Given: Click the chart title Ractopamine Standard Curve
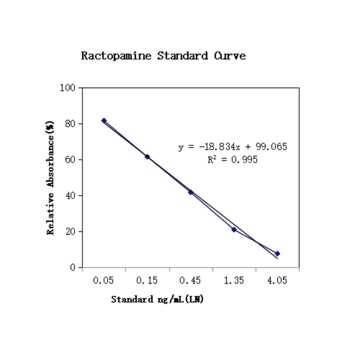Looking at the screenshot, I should pyautogui.click(x=163, y=56).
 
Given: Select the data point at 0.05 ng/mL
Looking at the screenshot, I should pyautogui.click(x=104, y=121).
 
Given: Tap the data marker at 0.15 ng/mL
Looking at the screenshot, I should pyautogui.click(x=147, y=156).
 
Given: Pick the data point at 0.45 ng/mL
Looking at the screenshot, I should pyautogui.click(x=190, y=192).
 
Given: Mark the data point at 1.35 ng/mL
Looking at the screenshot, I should pyautogui.click(x=234, y=229).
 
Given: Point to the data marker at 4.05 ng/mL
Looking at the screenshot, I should pyautogui.click(x=278, y=254).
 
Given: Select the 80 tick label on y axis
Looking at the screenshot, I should pyautogui.click(x=70, y=123).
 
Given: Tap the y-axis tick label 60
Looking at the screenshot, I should pyautogui.click(x=70, y=160).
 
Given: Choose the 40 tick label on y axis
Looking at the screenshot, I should pyautogui.click(x=70, y=196).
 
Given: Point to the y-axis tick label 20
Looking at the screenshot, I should pyautogui.click(x=70, y=231).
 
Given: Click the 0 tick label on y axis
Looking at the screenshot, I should pyautogui.click(x=73, y=268).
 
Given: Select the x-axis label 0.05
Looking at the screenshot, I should pyautogui.click(x=104, y=281).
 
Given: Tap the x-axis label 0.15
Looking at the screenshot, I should pyautogui.click(x=147, y=281).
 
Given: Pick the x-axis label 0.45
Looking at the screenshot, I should pyautogui.click(x=190, y=281).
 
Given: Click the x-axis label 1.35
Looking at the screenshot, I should pyautogui.click(x=234, y=281).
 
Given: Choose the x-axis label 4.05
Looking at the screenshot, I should pyautogui.click(x=277, y=281).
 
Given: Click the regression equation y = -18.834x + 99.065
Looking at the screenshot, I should pyautogui.click(x=233, y=147).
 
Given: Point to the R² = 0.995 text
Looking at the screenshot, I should pyautogui.click(x=233, y=160).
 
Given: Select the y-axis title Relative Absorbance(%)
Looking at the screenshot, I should pyautogui.click(x=50, y=178).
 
